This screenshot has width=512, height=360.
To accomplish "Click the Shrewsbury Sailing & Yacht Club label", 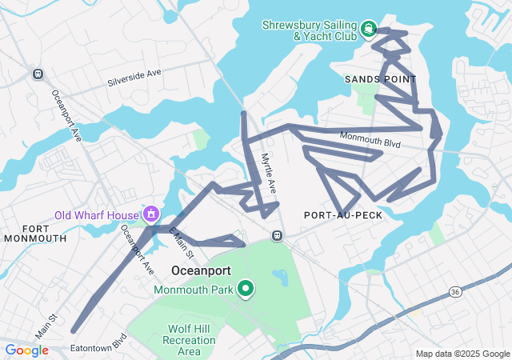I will pyautogui.click(x=311, y=30).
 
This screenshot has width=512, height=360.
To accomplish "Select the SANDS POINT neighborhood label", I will pyautogui.click(x=380, y=79).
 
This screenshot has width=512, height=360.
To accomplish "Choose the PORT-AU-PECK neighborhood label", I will pyautogui.click(x=342, y=215).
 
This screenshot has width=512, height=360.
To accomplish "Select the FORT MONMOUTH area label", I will pyautogui.click(x=34, y=233).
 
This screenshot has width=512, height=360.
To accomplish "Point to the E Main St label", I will pyautogui.click(x=182, y=242).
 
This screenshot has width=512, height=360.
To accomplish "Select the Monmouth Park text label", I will pyautogui.click(x=193, y=289).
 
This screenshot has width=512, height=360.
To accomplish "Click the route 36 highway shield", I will pyautogui.click(x=454, y=289).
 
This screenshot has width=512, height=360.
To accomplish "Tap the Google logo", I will pyautogui.click(x=26, y=350).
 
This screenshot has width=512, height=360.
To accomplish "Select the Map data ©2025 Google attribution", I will pyautogui.click(x=462, y=354).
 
